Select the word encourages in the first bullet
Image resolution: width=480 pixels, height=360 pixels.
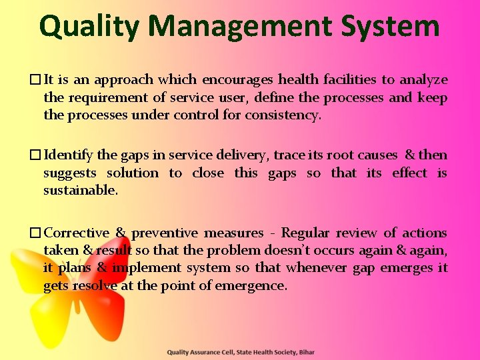click(237, 80)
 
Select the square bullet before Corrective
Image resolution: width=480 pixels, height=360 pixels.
click(35, 233)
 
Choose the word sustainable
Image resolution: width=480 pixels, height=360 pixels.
click(80, 191)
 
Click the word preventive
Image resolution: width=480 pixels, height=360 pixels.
click(164, 233)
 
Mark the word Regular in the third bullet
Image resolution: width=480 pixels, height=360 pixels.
click(305, 233)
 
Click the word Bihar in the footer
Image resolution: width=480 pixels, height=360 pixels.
click(305, 352)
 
